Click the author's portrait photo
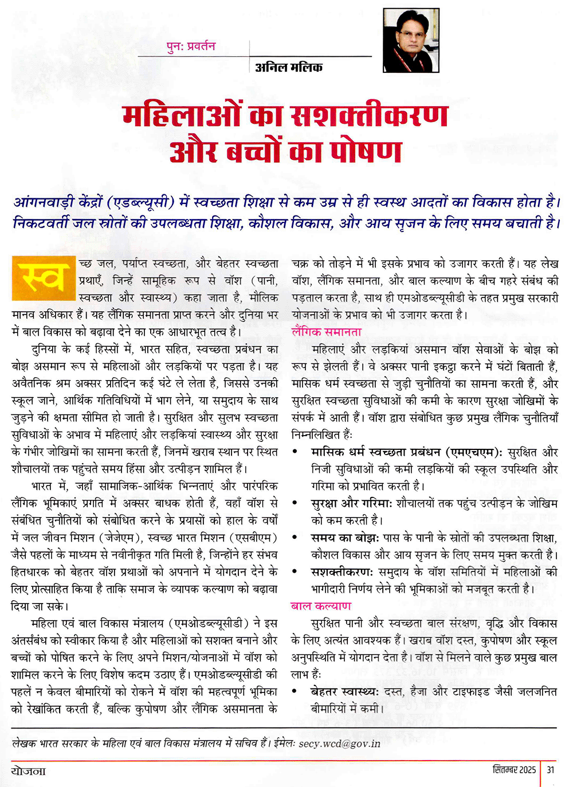pos(410,41)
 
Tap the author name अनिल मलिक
pos(289,67)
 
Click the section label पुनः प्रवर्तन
pos(191,46)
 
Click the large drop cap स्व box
pos(44,279)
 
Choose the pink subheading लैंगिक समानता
pos(327,332)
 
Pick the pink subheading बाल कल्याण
pos(321,606)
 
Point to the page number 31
pos(550,770)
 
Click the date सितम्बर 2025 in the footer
pos(514,770)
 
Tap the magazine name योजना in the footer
pos(29,770)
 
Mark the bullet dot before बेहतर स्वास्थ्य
pos(295,692)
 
